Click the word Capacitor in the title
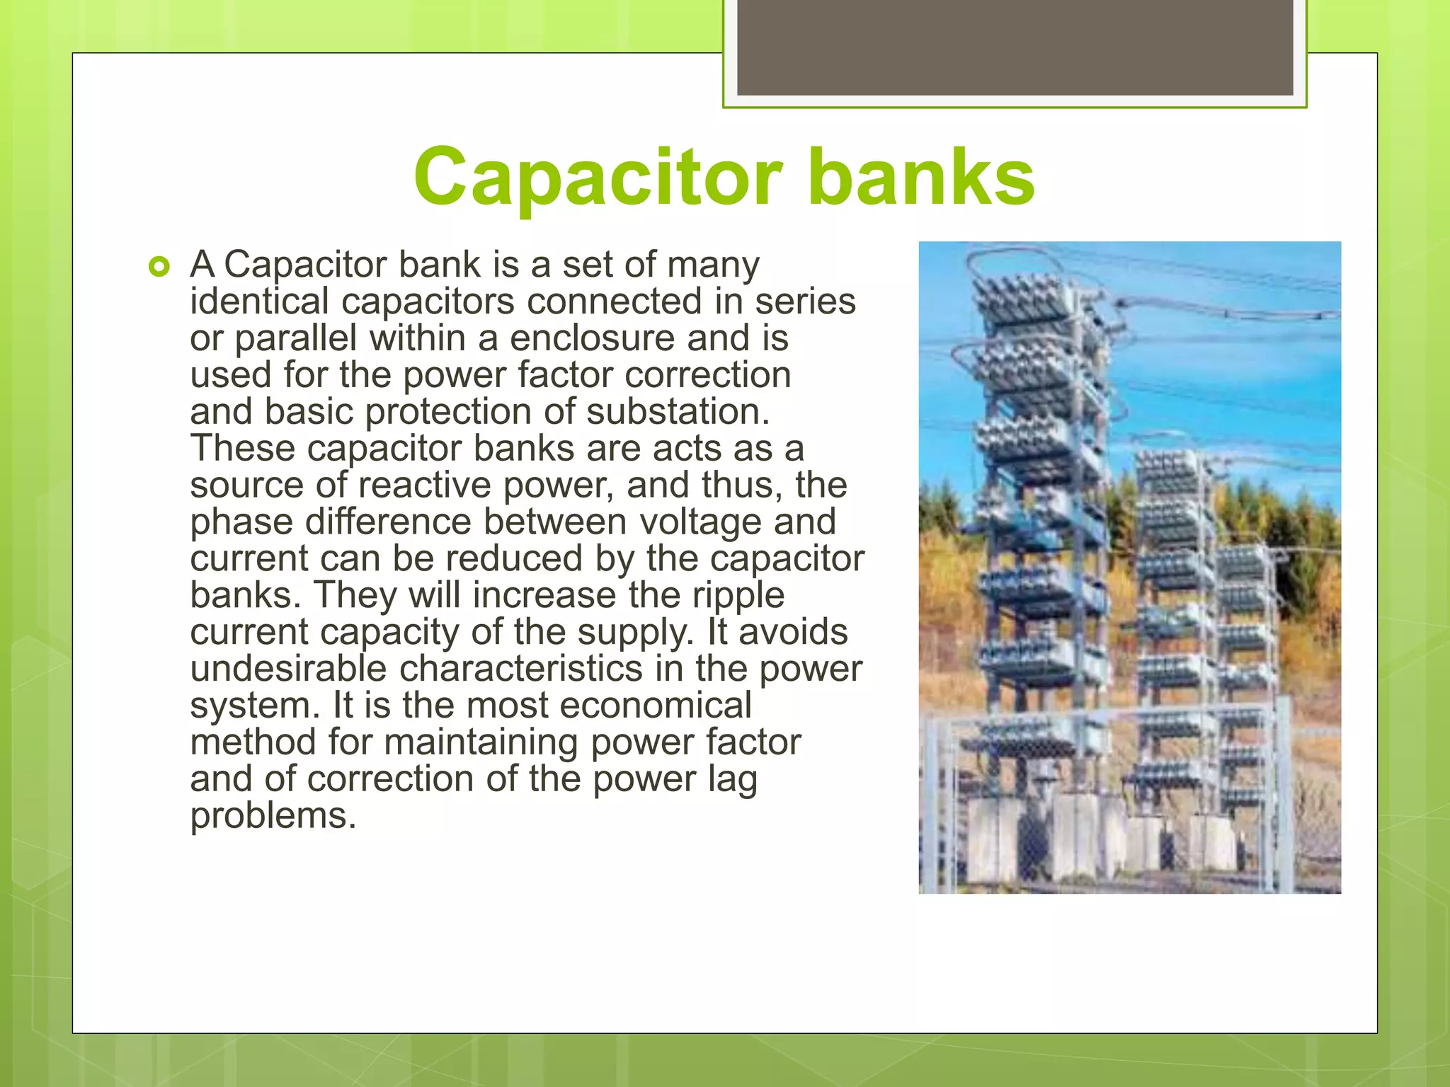pyautogui.click(x=598, y=177)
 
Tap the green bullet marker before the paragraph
pyautogui.click(x=159, y=268)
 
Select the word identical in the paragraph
pyautogui.click(x=259, y=301)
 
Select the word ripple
pyautogui.click(x=738, y=595)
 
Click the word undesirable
pyautogui.click(x=288, y=669)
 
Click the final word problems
pyautogui.click(x=273, y=816)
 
